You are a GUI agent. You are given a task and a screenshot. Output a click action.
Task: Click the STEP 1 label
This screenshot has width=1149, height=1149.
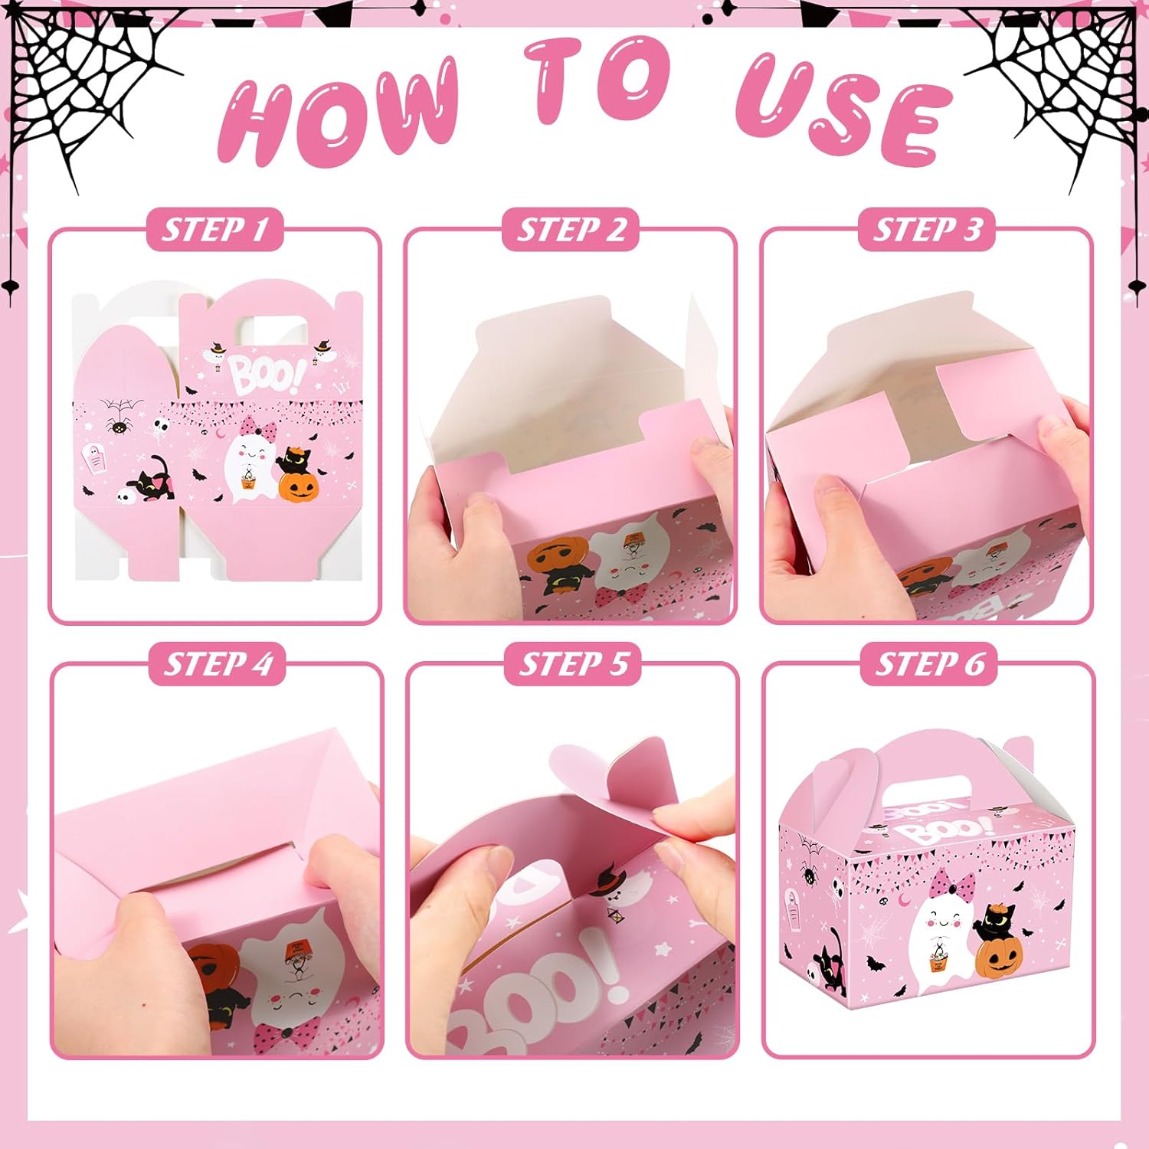(215, 229)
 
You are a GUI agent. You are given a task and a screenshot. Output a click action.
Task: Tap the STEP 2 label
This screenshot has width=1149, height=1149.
(571, 229)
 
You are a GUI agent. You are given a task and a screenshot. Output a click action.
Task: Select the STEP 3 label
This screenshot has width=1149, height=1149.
(926, 229)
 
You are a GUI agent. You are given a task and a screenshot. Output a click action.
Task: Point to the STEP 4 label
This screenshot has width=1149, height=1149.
(218, 663)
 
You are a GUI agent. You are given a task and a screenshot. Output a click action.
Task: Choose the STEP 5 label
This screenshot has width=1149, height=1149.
(573, 663)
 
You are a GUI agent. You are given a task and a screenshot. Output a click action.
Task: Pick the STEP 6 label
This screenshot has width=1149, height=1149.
(928, 663)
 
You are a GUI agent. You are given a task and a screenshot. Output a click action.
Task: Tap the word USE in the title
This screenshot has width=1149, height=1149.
(843, 107)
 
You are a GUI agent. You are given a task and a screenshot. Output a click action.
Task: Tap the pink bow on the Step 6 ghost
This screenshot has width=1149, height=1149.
(951, 885)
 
